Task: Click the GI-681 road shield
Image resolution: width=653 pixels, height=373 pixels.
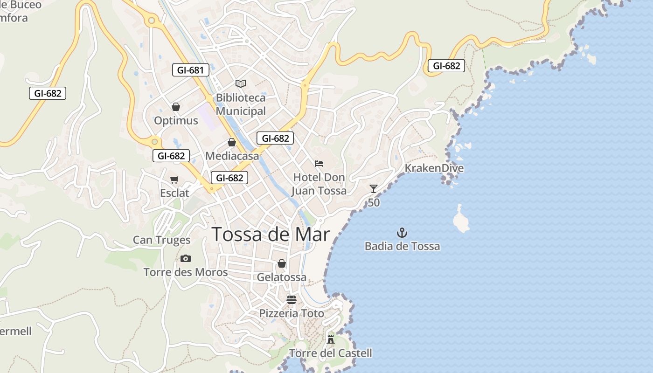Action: coord(190,70)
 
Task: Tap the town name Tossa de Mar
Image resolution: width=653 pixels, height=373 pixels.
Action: coord(271,235)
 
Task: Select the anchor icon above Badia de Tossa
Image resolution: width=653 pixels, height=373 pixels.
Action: coord(402,232)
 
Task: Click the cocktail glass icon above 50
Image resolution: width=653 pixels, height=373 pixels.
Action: coord(373,189)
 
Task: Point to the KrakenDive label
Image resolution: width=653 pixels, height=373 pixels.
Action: coord(434,168)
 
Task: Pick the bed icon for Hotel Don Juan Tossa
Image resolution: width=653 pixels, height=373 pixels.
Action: coord(319,164)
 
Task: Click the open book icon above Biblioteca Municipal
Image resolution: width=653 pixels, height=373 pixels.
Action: coord(241,84)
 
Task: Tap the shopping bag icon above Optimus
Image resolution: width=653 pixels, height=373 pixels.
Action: coord(176,107)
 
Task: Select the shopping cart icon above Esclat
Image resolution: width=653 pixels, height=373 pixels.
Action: coord(174,180)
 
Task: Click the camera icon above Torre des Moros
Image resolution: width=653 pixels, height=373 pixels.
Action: coord(186,258)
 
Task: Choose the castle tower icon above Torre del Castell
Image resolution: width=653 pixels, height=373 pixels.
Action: coord(331,339)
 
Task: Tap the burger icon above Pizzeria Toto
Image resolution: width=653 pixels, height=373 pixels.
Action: coord(292,299)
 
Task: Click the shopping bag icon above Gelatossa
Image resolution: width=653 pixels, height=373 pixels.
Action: coord(282,263)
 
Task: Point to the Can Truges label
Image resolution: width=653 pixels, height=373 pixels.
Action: coord(161,240)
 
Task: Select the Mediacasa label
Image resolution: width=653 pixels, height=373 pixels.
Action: coord(232,156)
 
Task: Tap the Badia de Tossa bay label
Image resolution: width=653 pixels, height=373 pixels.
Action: coord(402,246)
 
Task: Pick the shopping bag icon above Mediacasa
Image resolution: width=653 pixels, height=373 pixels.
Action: coord(232,142)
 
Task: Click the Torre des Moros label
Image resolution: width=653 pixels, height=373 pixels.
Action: coord(186,272)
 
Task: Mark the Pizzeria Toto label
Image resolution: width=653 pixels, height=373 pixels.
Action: coord(292,313)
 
